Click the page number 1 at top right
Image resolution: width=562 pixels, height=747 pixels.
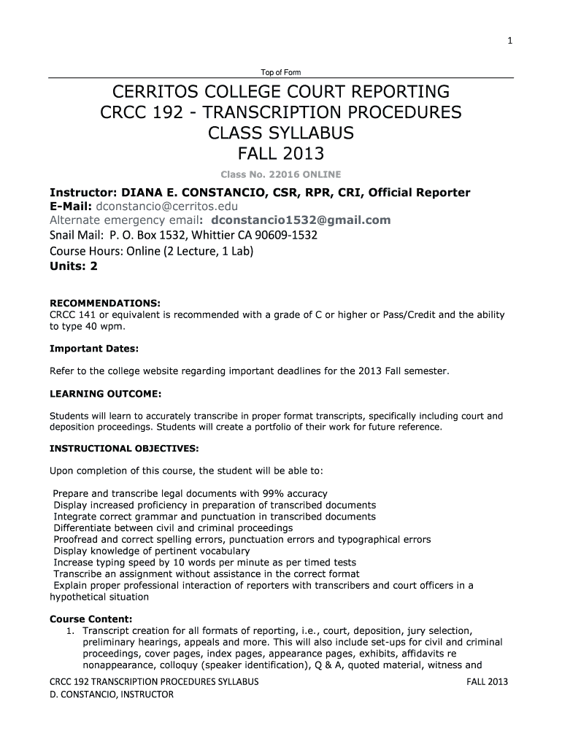[511, 41]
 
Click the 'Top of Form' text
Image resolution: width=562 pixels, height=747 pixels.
[281, 72]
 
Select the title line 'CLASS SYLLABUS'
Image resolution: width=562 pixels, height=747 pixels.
[281, 133]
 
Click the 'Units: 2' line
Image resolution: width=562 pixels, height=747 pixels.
[73, 266]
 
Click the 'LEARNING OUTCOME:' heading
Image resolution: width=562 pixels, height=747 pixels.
[105, 394]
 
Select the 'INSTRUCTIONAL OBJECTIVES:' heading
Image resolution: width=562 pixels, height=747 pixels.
[123, 448]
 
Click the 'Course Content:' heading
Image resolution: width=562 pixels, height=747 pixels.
[91, 619]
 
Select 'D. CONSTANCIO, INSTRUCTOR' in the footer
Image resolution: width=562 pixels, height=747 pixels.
[111, 694]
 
